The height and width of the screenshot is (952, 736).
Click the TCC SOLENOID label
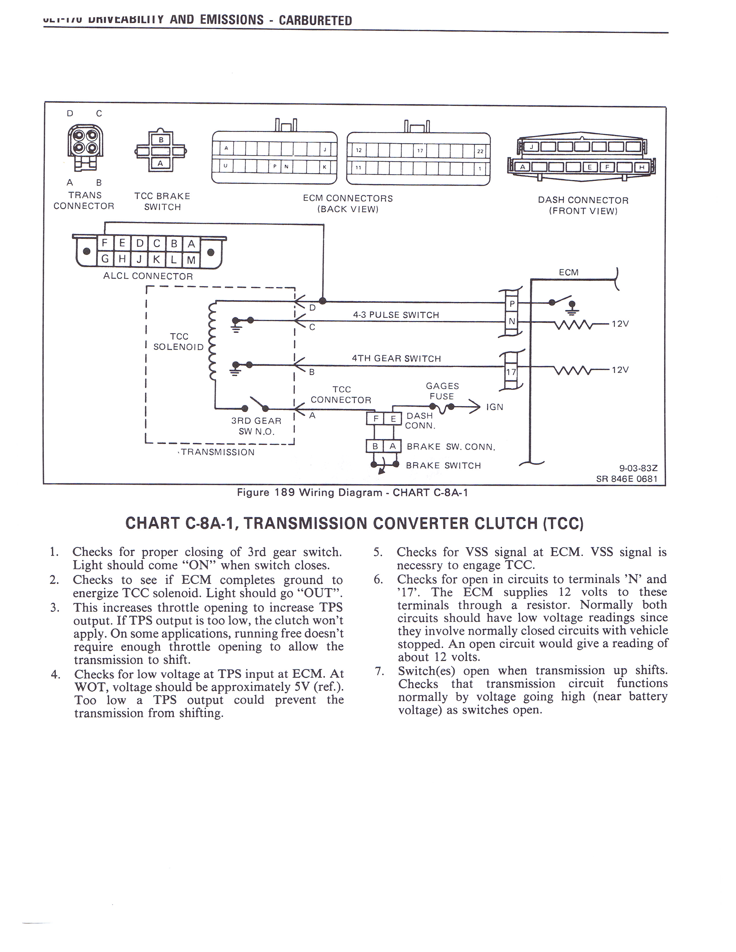179,342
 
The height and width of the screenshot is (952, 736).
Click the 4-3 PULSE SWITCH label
396,315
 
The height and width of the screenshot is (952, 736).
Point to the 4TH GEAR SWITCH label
396,358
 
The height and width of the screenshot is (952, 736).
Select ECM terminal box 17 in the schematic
511,372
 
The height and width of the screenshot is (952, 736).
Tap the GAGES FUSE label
442,391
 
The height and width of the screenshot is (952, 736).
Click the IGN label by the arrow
494,407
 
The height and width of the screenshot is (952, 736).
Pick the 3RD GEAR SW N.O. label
256,426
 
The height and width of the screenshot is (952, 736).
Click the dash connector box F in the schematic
375,419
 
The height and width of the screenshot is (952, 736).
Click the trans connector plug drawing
85,146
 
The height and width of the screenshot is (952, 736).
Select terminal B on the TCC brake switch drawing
160,140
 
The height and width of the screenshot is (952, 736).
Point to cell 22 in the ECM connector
480,151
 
